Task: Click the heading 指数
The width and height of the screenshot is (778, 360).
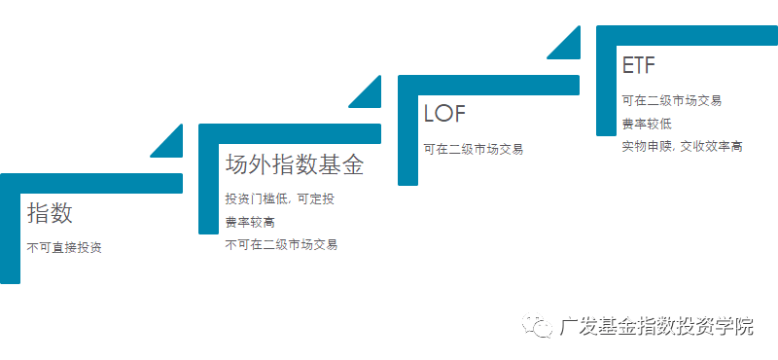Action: (50, 213)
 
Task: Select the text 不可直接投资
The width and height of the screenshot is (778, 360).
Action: (64, 248)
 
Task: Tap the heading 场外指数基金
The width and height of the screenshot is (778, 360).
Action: (294, 164)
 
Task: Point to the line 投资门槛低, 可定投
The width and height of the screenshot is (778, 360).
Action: (280, 199)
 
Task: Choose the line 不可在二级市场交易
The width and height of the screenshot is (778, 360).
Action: (281, 245)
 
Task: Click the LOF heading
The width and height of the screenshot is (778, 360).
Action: (445, 113)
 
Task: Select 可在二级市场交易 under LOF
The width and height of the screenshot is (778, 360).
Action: (473, 149)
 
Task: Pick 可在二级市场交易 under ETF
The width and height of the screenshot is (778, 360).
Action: (672, 100)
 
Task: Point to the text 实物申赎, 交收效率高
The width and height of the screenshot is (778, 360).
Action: (683, 146)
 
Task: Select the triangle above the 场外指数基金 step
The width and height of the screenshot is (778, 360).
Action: (368, 92)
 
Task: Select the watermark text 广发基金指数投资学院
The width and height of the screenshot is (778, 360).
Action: (657, 327)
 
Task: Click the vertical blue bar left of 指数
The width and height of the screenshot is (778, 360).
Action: (10, 234)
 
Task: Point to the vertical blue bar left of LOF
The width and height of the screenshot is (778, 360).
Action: (407, 136)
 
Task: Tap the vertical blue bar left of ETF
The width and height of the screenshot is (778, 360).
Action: (606, 88)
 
